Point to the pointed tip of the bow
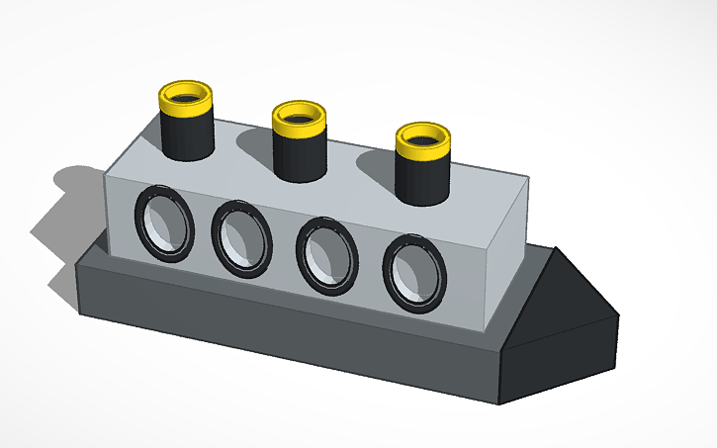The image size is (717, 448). [618, 315]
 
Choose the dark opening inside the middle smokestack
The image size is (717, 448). [300, 115]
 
